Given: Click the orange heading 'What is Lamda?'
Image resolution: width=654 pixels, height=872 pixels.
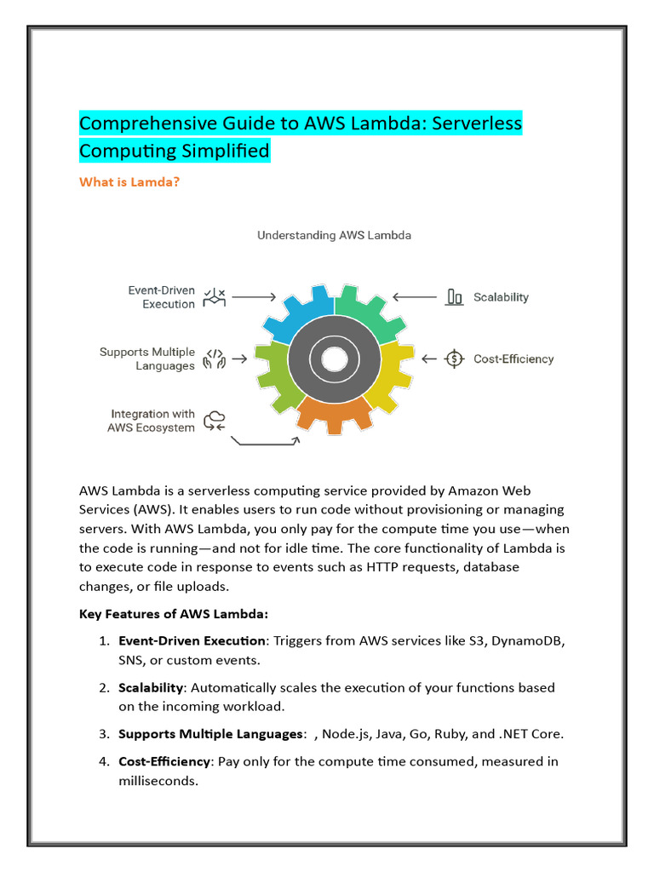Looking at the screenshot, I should pyautogui.click(x=129, y=181).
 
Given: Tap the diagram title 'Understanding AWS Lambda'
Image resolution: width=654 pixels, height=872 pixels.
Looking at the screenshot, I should pyautogui.click(x=334, y=235).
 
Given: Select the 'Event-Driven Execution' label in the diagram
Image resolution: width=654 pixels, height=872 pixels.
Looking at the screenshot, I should pyautogui.click(x=161, y=297).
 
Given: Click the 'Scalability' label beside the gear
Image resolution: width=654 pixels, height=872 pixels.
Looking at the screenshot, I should pyautogui.click(x=501, y=297).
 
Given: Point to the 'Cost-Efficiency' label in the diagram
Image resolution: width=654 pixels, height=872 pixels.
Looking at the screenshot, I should pyautogui.click(x=513, y=359).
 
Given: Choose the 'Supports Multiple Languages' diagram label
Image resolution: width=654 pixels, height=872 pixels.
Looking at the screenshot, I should pyautogui.click(x=146, y=359).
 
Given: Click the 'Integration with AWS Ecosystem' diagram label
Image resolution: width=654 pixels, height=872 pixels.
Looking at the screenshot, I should pyautogui.click(x=151, y=421).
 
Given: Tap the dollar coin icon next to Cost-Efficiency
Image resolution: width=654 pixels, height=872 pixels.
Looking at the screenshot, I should pyautogui.click(x=455, y=359).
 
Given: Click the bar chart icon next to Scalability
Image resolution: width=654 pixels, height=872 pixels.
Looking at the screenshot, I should pyautogui.click(x=455, y=297).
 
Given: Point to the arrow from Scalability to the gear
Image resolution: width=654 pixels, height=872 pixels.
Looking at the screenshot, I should pyautogui.click(x=414, y=297).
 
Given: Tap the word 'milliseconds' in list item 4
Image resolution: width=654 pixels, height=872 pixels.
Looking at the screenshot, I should pyautogui.click(x=158, y=779).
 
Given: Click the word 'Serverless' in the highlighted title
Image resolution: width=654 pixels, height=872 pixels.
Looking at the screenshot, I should pyautogui.click(x=476, y=123).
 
